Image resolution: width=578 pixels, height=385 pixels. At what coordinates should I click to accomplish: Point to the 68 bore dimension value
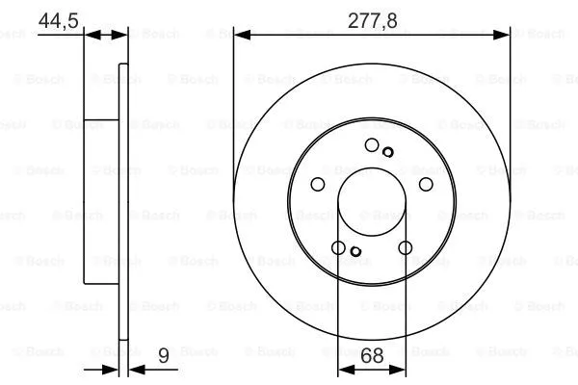[x=372, y=356]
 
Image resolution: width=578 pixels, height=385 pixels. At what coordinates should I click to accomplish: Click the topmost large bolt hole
[x=372, y=145]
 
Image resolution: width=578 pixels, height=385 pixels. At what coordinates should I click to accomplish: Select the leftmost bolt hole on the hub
[x=318, y=186]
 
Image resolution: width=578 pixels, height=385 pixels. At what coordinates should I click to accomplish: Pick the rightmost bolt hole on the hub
[x=425, y=186]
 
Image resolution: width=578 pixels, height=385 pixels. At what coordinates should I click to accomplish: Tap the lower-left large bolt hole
[x=338, y=249]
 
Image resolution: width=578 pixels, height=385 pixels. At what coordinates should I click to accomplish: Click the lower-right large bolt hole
[x=405, y=249]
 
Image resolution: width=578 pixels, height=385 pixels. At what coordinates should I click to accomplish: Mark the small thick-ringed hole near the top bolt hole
[x=388, y=151]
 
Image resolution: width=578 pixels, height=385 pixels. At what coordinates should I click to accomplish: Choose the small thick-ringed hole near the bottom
[x=355, y=253]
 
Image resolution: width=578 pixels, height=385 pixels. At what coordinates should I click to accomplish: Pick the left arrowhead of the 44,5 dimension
[x=92, y=35]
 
